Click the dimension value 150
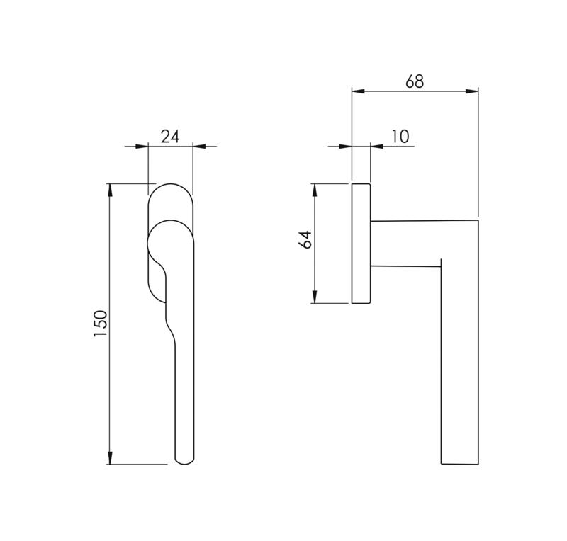point(101,324)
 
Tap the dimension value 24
point(170,137)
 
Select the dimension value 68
point(415,81)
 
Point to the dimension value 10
point(400,137)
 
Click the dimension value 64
point(305,239)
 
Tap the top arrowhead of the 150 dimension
point(110,189)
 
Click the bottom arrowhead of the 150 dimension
point(110,458)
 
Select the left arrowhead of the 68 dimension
point(358,91)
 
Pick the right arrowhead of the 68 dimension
point(472,91)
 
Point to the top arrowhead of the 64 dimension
point(315,189)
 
